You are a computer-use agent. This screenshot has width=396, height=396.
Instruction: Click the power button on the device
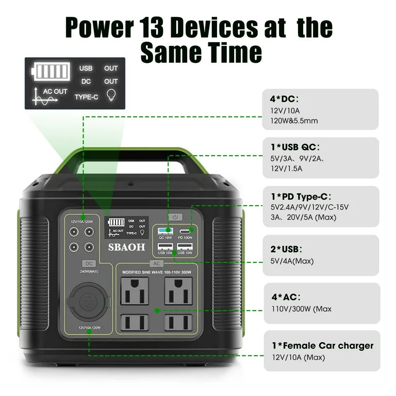175,218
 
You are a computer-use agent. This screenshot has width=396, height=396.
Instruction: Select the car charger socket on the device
89,302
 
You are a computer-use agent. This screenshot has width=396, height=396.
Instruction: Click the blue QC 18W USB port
165,230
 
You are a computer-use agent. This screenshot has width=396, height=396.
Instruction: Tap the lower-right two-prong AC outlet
178,323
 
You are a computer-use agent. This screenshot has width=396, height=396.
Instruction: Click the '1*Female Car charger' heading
323,345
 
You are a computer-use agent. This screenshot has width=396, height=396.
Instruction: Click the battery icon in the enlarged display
51,71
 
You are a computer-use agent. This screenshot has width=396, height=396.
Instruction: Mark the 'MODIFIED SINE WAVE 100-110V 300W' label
156,272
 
